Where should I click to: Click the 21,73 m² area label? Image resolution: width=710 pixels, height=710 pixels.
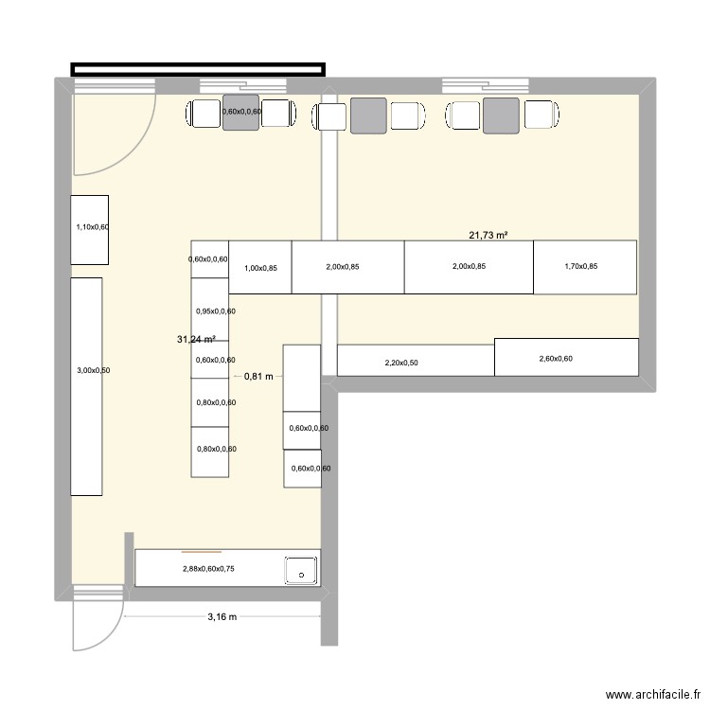pos(488,235)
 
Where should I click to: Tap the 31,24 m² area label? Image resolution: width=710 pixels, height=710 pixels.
pos(196,339)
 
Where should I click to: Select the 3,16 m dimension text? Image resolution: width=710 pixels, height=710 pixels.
pos(222,616)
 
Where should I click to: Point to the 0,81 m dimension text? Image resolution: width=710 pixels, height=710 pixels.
pos(258,376)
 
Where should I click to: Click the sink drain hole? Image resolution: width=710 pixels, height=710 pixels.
pos(302,576)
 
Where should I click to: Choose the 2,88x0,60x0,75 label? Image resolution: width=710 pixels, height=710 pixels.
pos(209,569)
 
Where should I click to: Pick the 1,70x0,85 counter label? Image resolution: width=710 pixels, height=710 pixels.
pos(581,266)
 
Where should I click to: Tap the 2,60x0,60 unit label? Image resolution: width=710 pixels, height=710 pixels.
pos(556,359)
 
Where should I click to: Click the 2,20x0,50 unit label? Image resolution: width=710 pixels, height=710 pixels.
pos(401,363)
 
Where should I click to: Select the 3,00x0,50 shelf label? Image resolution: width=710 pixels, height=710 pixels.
pos(94,370)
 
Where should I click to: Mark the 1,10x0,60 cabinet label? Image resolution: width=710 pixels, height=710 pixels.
pos(93,227)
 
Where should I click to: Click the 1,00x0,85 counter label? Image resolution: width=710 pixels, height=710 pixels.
pos(261,268)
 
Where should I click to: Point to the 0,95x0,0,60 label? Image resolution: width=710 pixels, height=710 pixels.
pos(216,311)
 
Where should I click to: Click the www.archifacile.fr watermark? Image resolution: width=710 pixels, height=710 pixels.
pos(653,695)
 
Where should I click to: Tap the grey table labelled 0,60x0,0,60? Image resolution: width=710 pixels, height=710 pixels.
pos(240,113)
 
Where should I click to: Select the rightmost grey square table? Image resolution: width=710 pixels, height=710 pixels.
pos(501,115)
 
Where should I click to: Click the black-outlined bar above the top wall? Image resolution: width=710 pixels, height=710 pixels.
pos(198,69)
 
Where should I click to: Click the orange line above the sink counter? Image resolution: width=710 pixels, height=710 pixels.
pos(202,552)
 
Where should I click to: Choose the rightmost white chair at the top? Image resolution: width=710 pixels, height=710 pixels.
pos(541,115)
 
